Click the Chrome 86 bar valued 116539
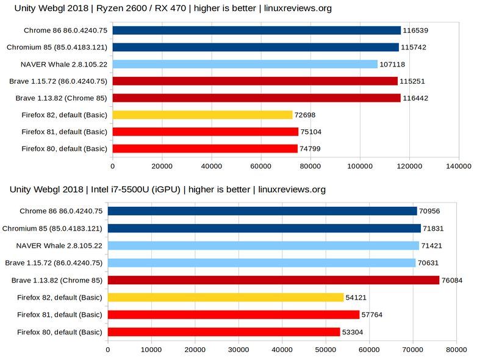[256, 30]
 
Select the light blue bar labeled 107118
[245, 64]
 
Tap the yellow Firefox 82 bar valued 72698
[202, 115]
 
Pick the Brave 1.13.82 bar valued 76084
[273, 280]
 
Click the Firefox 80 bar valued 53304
[223, 332]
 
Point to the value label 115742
[415, 47]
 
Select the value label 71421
[434, 246]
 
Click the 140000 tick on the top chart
[457, 165]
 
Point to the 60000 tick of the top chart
[260, 165]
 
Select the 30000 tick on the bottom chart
[239, 351]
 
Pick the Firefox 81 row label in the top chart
[64, 132]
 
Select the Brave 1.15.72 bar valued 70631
[262, 263]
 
